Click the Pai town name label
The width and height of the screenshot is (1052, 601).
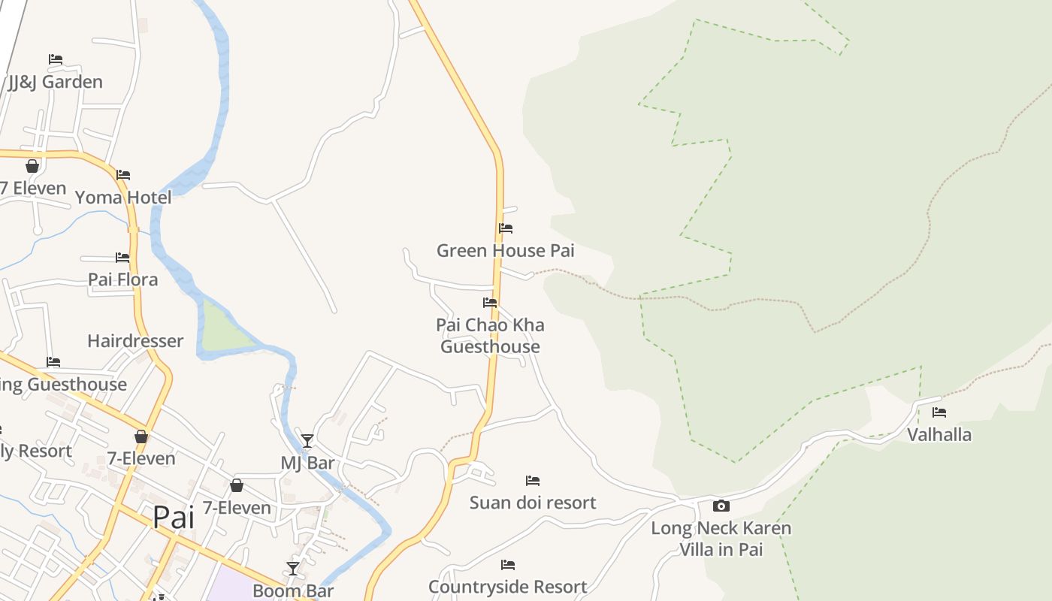tap(174, 517)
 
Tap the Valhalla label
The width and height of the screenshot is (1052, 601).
tap(939, 434)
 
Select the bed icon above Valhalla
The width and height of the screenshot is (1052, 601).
tap(939, 412)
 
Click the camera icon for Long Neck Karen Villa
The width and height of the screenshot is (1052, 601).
tap(721, 506)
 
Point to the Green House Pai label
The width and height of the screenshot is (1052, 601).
tap(505, 250)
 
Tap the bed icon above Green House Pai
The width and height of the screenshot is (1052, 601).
tap(506, 228)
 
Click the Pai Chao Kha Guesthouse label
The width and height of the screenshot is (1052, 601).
tap(490, 336)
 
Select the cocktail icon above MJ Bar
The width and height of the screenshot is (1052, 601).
tap(307, 440)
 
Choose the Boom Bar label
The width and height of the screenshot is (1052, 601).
tap(293, 590)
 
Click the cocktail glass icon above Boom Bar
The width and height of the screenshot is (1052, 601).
tap(293, 568)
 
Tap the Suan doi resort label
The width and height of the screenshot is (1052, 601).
tap(533, 503)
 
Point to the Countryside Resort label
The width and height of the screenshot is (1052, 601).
tap(507, 587)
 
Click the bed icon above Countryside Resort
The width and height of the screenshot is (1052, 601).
tap(508, 564)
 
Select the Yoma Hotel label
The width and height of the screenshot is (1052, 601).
tap(123, 198)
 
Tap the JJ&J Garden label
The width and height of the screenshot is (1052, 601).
tap(56, 82)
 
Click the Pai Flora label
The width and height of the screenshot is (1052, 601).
tap(123, 279)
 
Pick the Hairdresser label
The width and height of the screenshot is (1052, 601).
tap(135, 341)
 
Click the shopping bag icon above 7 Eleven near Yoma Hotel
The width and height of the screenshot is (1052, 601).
tap(32, 166)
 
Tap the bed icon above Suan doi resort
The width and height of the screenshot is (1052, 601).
tap(533, 480)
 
